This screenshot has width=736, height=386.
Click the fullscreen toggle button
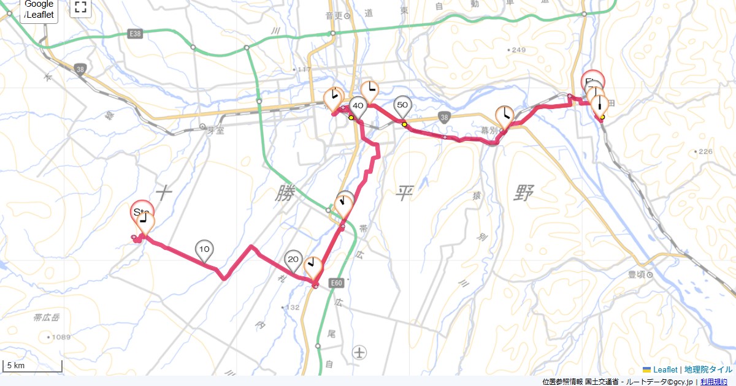click(x=80, y=7)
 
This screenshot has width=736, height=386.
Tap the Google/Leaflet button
click(x=39, y=9)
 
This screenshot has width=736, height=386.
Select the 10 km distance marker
click(x=205, y=249)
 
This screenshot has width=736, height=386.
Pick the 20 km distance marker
click(x=293, y=260)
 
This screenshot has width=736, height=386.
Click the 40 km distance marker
click(x=358, y=106)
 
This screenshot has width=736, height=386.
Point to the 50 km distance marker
click(x=402, y=105)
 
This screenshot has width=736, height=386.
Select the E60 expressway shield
click(x=335, y=283)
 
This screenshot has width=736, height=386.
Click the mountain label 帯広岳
click(x=47, y=317)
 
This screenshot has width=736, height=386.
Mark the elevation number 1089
click(x=61, y=337)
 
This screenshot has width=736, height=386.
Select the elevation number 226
click(x=705, y=151)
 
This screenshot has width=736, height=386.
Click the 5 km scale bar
click(x=32, y=366)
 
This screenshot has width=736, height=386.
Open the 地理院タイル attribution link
click(x=708, y=369)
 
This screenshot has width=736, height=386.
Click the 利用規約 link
click(x=714, y=382)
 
